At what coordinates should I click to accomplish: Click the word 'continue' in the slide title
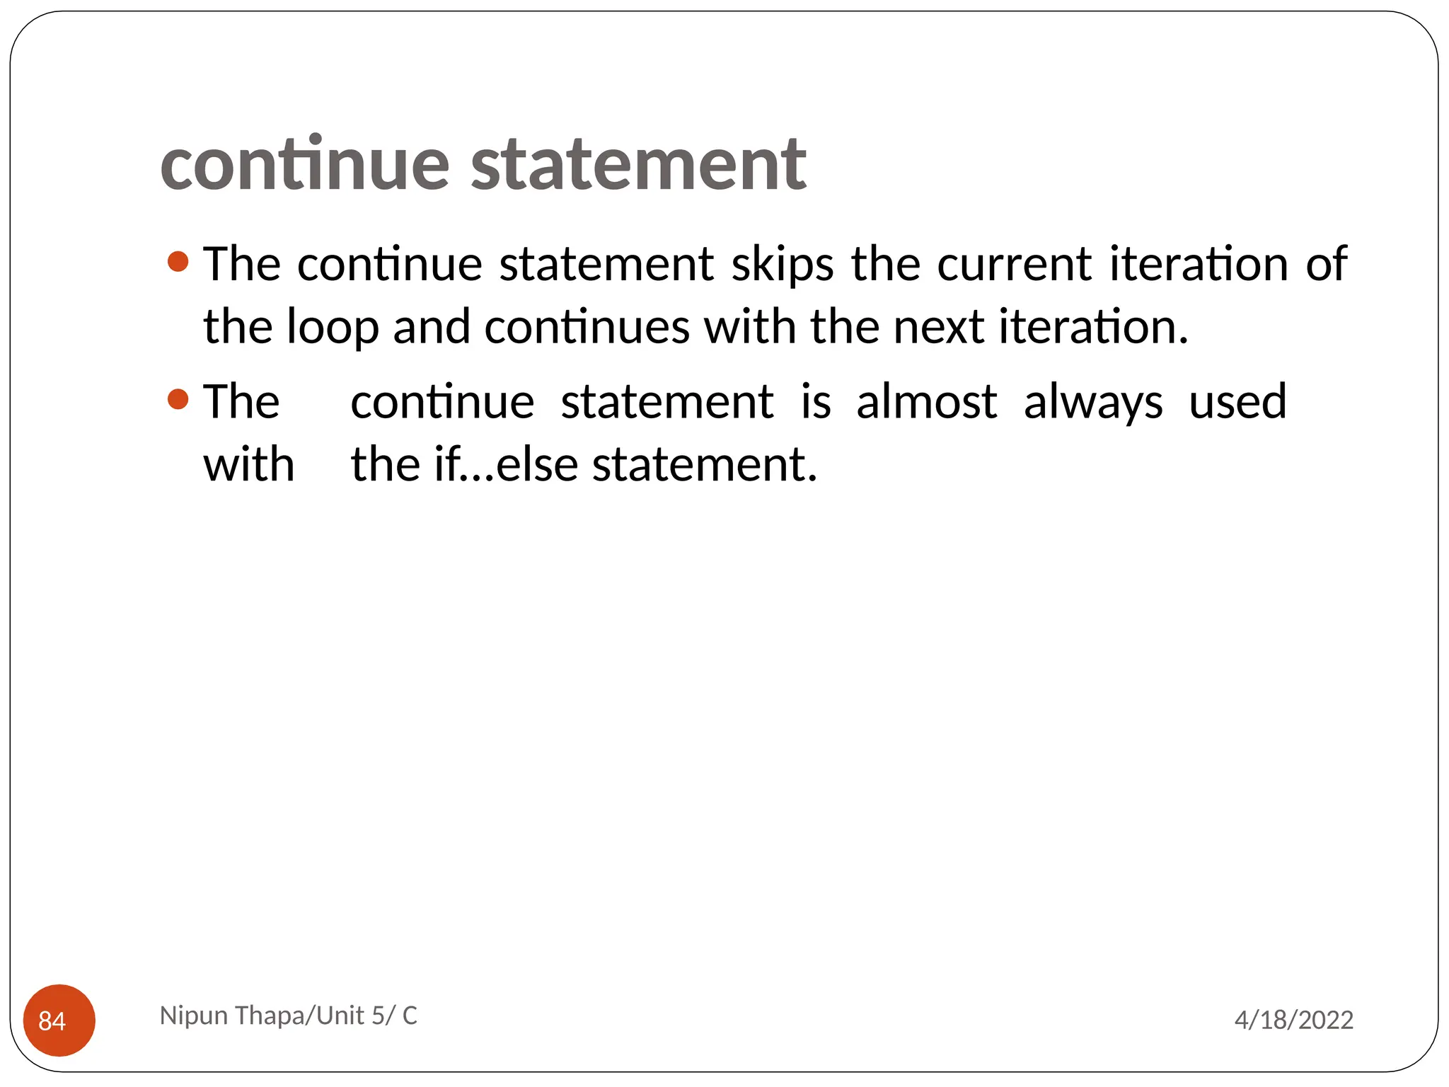coord(305,164)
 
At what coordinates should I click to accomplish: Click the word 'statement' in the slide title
coord(638,164)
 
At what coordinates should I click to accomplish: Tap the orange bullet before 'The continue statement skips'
coord(178,262)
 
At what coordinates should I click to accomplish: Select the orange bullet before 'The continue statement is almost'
coord(178,399)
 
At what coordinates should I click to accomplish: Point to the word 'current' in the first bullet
coord(1015,265)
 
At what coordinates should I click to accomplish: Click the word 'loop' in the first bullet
coord(332,328)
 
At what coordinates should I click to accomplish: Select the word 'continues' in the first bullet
coord(587,328)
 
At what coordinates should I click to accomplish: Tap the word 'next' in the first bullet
coord(938,328)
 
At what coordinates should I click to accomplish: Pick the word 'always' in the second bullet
coord(1092,402)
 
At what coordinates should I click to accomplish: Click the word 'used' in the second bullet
coord(1237,402)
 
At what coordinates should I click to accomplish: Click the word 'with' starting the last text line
coord(248,465)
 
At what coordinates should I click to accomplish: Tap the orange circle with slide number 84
coord(59,1020)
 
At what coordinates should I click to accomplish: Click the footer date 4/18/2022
coord(1293,1020)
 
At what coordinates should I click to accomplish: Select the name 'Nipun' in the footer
coord(193,1016)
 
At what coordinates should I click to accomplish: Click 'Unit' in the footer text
coord(340,1016)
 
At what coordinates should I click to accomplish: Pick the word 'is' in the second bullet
coord(815,402)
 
